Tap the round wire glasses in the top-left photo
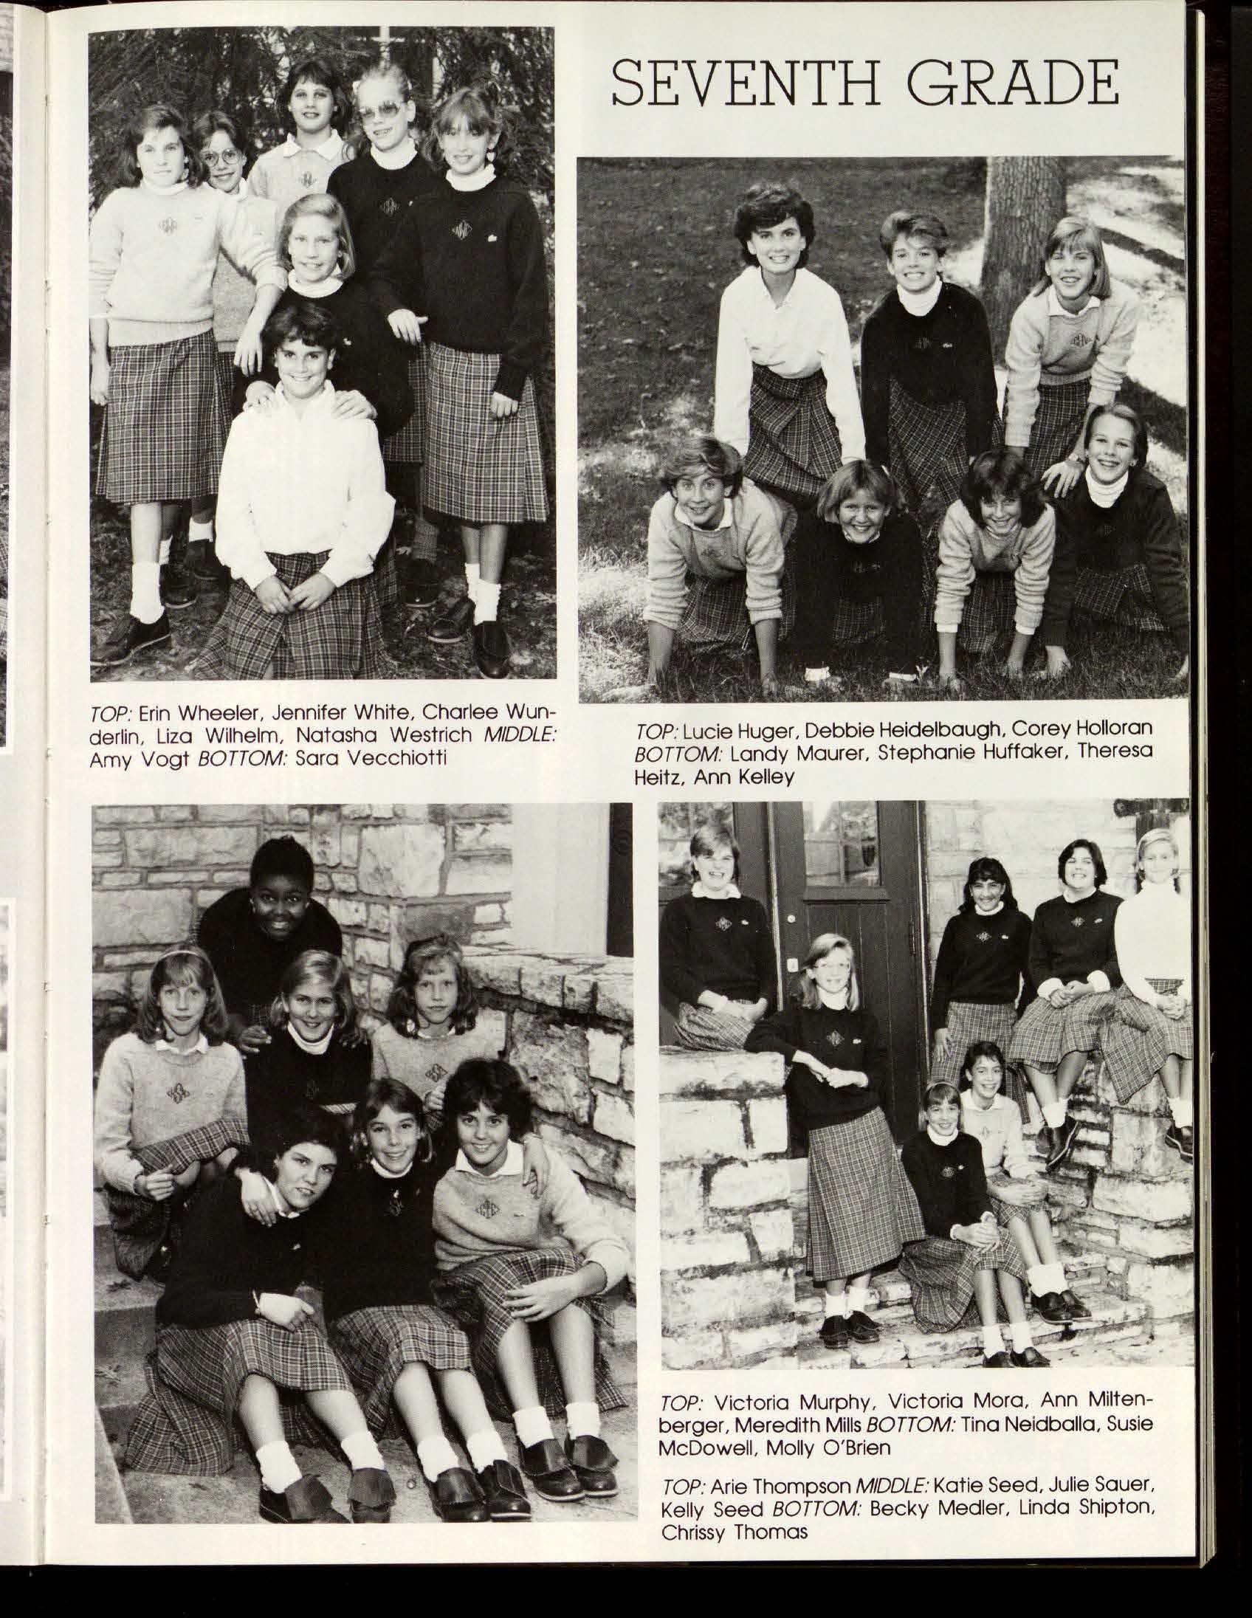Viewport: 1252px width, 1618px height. click(x=222, y=157)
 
